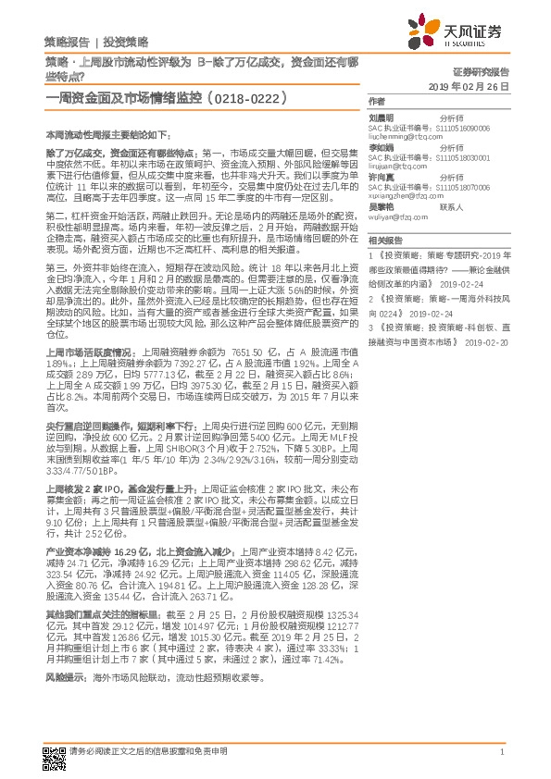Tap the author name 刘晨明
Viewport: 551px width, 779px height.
381,117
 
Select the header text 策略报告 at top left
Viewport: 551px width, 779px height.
66,43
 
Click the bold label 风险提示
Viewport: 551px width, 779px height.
66,677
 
